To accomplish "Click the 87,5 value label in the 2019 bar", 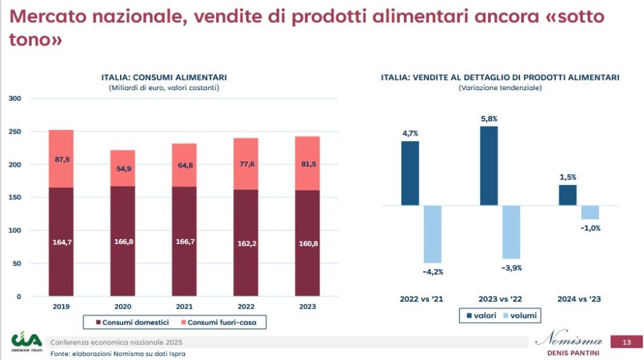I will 61,160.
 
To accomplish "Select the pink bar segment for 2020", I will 123,168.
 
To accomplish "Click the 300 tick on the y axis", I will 15,99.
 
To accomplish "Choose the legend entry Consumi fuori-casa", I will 221,321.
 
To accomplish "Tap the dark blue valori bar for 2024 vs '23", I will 567,195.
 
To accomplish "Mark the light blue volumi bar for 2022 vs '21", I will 432,234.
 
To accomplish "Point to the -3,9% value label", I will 512,268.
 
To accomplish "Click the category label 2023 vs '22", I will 500,298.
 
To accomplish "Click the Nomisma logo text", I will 568,339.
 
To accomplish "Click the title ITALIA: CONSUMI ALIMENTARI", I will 164,78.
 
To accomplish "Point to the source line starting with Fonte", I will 118,354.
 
